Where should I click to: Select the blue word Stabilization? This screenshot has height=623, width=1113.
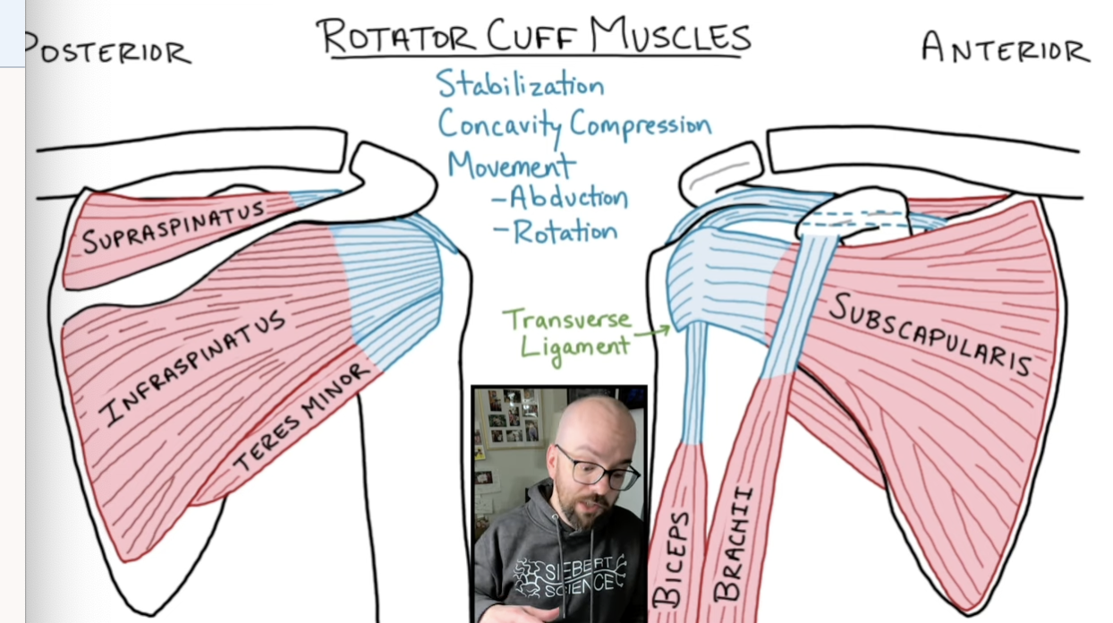pos(520,84)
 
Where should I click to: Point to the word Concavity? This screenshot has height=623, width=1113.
pos(499,124)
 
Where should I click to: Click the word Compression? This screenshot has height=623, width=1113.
pos(640,124)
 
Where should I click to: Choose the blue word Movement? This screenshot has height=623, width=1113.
pos(511,165)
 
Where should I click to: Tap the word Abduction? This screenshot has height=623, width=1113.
pos(567,198)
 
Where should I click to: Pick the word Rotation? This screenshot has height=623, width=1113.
pos(565,232)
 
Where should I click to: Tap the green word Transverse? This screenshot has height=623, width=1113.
pos(566,320)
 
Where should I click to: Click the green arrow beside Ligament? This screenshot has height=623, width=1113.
pos(652,332)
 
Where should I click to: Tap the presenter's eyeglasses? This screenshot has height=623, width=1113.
pos(598,468)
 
